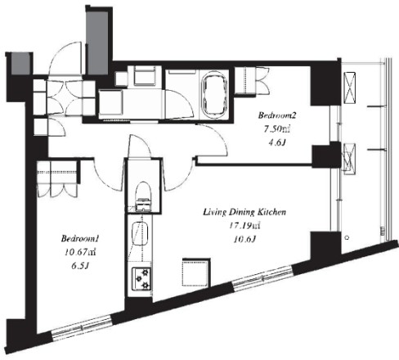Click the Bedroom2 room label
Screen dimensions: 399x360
(277, 115)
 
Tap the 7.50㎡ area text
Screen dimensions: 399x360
(277, 129)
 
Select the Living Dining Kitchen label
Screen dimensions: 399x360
(244, 212)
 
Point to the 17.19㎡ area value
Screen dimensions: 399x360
(244, 226)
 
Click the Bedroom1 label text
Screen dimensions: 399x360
(79, 239)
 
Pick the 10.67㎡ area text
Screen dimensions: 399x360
(80, 253)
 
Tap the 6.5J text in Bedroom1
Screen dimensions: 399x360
(80, 266)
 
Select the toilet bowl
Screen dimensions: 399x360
(143, 196)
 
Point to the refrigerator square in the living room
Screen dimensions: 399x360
(196, 272)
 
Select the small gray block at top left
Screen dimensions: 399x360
(20, 64)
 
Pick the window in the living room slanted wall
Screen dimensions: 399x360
(262, 278)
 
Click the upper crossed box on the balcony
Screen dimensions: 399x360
(350, 88)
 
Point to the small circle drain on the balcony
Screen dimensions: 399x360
(347, 237)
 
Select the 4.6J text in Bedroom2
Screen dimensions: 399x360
(277, 143)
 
